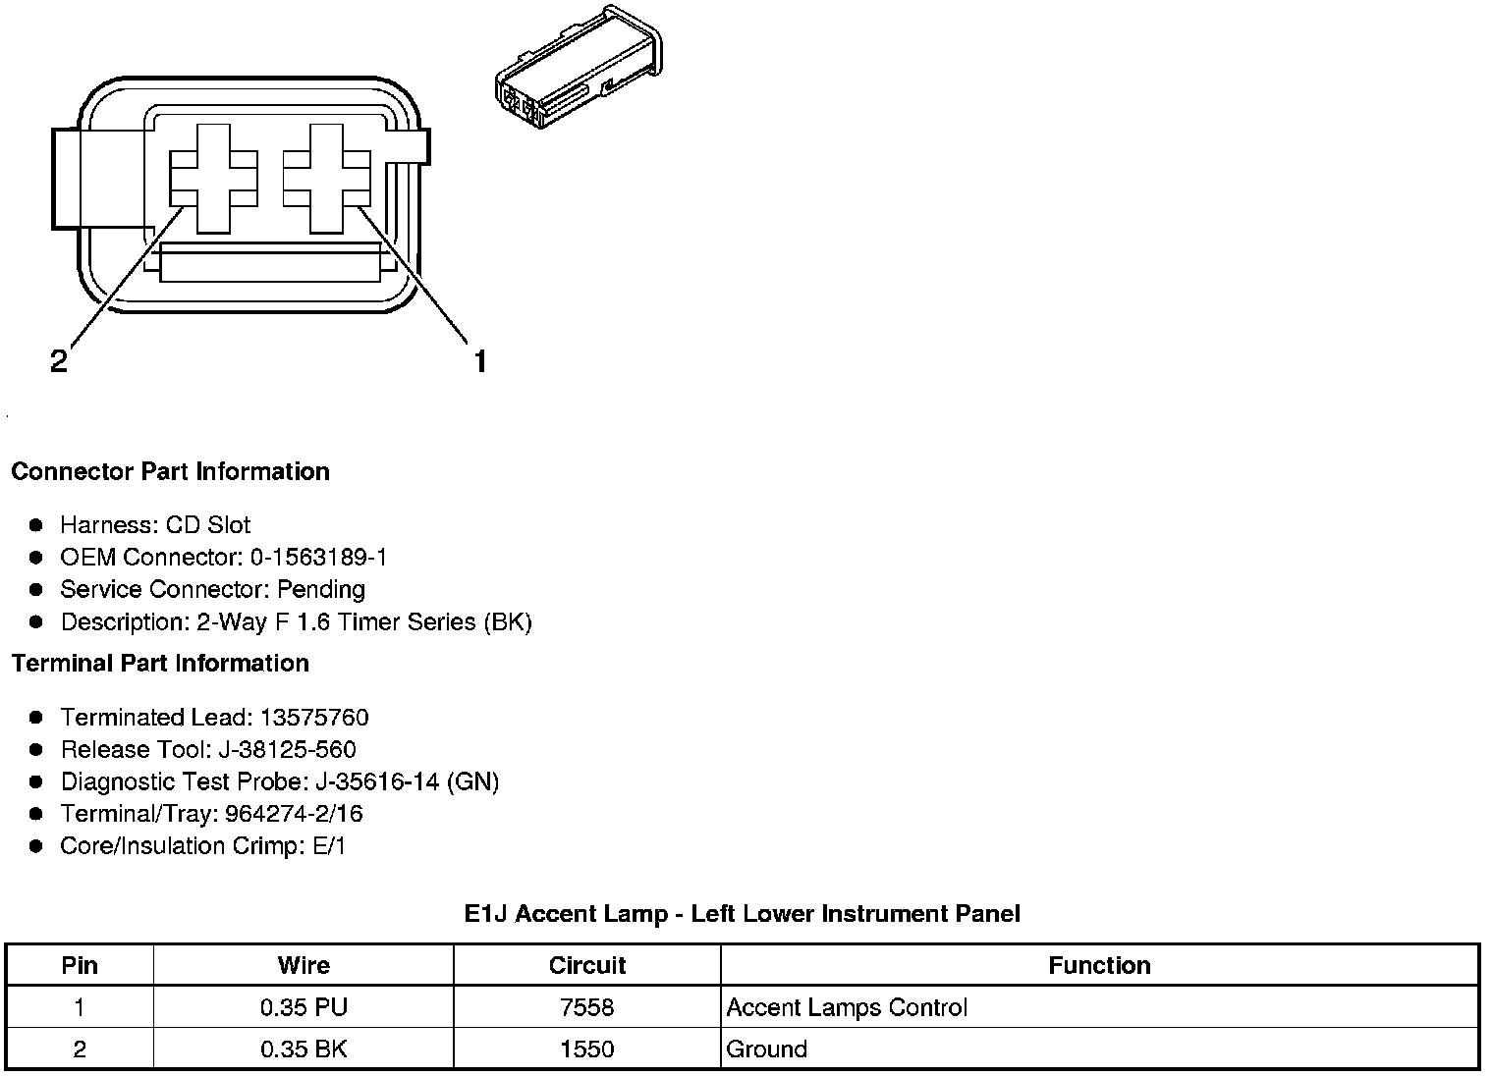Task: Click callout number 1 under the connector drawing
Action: pos(479,362)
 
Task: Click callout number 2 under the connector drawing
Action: pos(59,362)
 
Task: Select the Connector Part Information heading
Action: pos(170,472)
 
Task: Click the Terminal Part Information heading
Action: pos(160,664)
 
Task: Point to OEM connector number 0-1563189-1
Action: pos(318,558)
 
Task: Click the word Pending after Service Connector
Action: pos(321,590)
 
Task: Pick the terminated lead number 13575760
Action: pos(313,718)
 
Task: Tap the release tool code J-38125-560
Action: pos(287,750)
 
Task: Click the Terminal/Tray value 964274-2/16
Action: pos(294,814)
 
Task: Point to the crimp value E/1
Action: pos(329,846)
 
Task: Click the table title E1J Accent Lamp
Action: pos(742,914)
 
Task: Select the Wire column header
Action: pos(304,965)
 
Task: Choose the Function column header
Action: pos(1099,965)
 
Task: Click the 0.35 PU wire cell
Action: pos(304,1007)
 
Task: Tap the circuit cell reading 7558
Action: pos(587,1007)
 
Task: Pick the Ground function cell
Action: pos(766,1049)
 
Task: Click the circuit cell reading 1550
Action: pos(587,1049)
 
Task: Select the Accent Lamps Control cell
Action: pos(847,1007)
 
